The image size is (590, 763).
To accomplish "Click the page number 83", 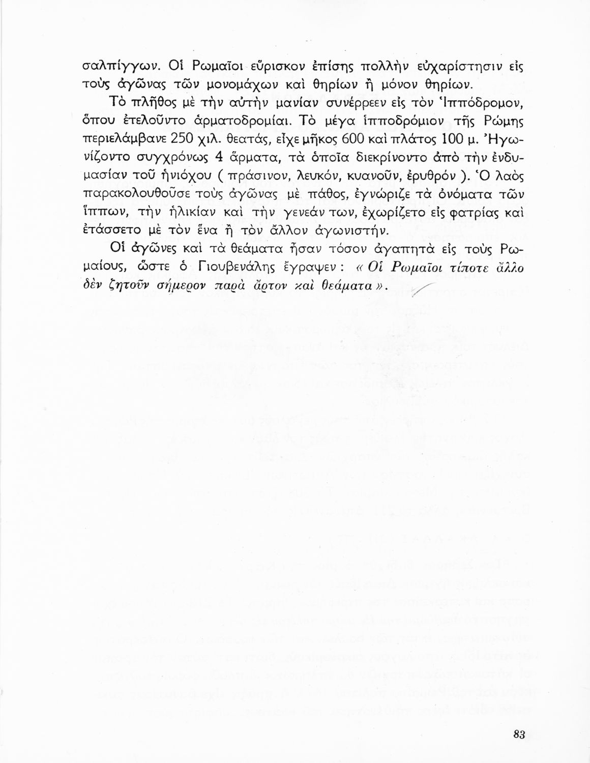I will (519, 734).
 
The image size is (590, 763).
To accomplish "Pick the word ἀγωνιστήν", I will (351, 231).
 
